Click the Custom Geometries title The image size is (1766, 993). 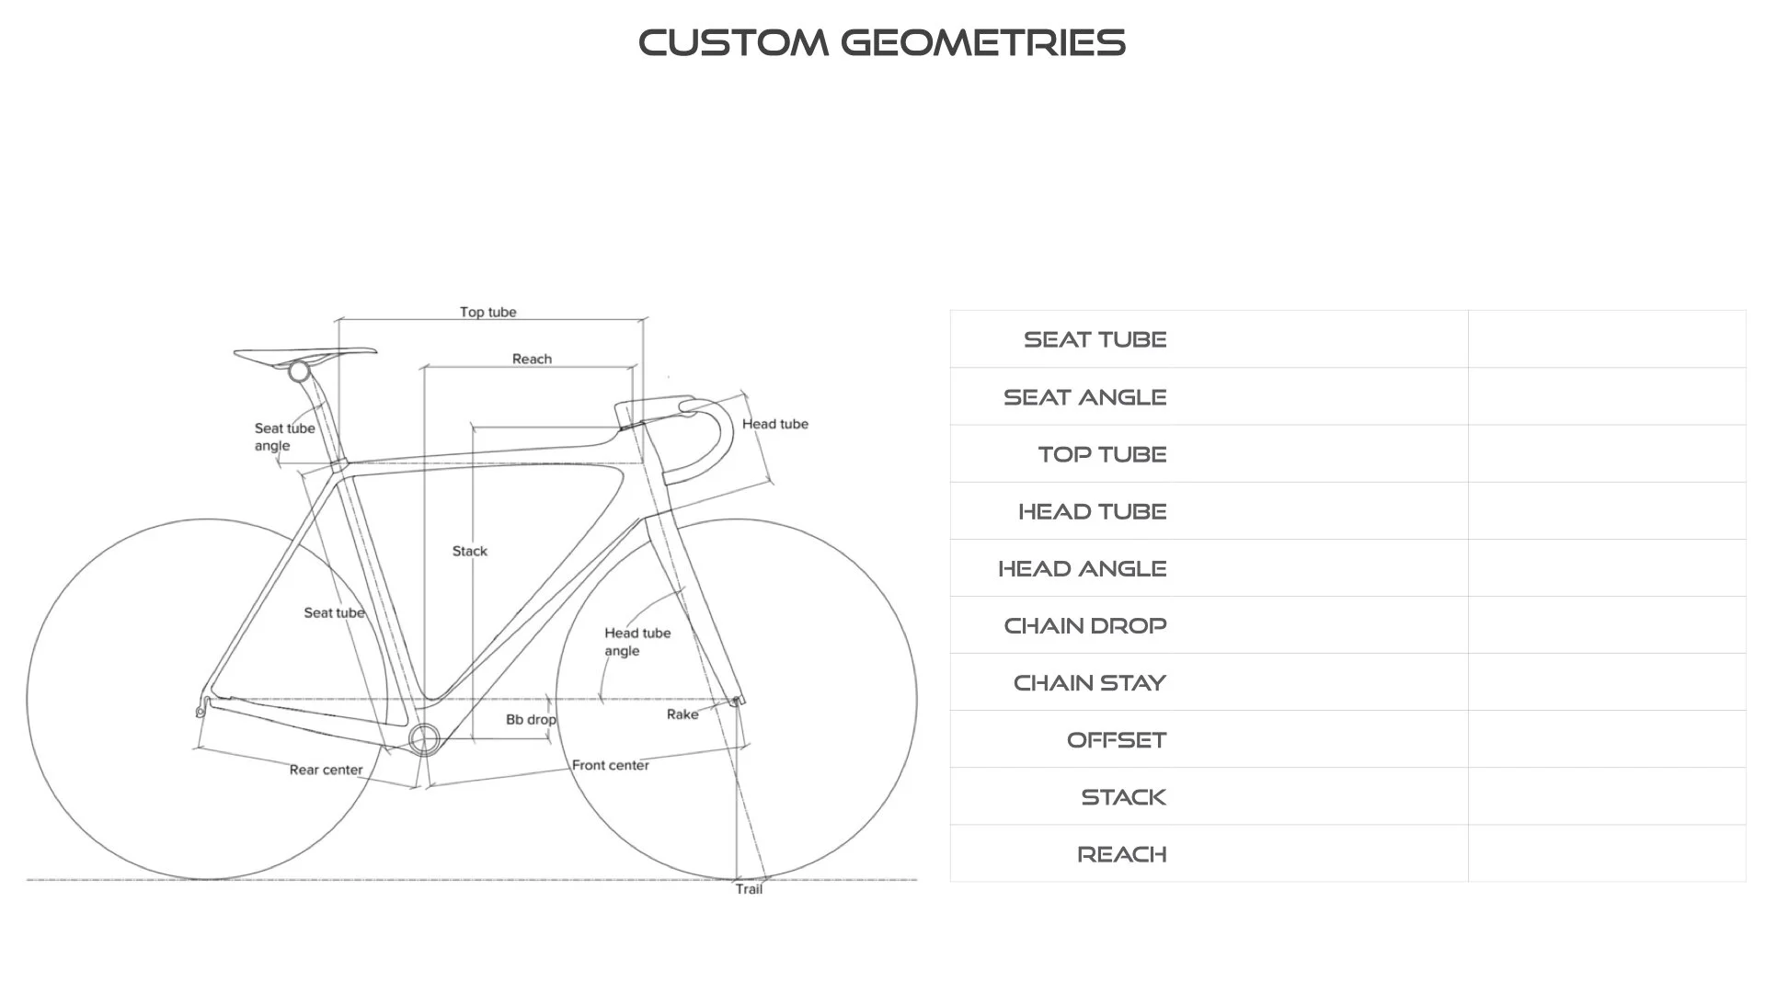coord(882,43)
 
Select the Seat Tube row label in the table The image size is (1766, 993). coord(1095,339)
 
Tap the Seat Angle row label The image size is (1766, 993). coord(1084,397)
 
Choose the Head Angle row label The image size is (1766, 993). coord(1082,568)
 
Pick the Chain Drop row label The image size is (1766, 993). coord(1084,626)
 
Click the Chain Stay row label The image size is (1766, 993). coord(1089,683)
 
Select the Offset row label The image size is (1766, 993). coord(1116,740)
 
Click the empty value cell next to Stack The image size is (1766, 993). coord(1606,796)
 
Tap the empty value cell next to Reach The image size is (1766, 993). coord(1606,853)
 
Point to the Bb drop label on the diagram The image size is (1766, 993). coord(531,719)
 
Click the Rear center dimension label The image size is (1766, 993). coord(326,770)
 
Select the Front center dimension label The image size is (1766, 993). coord(610,765)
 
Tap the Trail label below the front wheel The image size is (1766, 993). coord(749,889)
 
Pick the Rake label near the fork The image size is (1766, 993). coord(682,714)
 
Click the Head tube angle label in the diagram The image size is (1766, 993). coord(636,642)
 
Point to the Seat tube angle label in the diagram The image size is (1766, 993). coord(284,437)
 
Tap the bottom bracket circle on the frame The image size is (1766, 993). coord(425,739)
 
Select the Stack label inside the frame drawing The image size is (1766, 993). coord(469,551)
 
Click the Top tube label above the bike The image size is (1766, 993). coord(487,312)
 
